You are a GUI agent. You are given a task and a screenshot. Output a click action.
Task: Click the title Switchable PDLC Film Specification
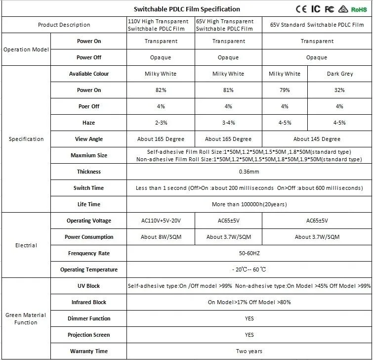tap(187, 9)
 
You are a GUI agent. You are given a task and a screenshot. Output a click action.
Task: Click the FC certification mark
tap(330, 9)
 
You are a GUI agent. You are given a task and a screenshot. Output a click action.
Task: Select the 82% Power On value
tap(161, 90)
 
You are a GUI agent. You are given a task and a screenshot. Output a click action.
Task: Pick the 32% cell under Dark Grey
tap(339, 90)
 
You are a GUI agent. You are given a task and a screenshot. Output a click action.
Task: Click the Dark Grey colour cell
tap(339, 74)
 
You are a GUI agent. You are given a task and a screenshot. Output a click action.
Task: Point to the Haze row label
tap(89, 123)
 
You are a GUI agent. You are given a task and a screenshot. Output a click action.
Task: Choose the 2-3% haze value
tap(161, 123)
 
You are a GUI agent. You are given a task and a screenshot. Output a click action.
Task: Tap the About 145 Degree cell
tap(317, 139)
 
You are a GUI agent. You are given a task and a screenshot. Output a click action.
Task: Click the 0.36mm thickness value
tap(249, 172)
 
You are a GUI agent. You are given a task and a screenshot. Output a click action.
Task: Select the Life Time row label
tap(89, 204)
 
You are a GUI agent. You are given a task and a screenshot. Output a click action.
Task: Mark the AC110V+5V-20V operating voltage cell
tap(161, 221)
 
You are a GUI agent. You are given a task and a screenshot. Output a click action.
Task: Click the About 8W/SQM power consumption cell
tap(161, 237)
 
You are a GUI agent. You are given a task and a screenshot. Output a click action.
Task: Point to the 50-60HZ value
tap(249, 253)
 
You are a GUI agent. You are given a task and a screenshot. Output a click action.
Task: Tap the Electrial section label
tap(26, 245)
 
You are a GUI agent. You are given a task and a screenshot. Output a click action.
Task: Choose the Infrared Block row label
tap(89, 302)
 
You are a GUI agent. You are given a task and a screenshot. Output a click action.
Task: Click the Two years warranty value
tap(249, 351)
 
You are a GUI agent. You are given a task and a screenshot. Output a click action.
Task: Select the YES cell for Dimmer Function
tap(249, 318)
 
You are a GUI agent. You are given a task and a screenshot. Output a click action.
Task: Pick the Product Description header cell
tap(64, 25)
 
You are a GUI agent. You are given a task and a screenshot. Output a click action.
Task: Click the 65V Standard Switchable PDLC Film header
tap(317, 25)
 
